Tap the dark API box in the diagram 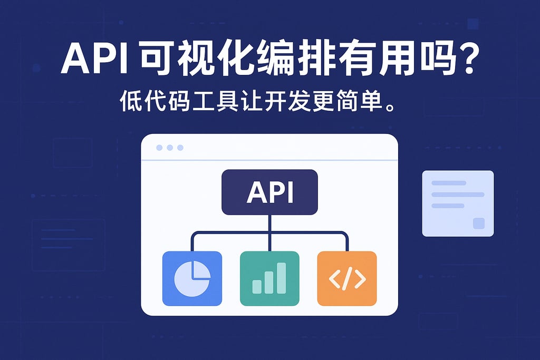[x=269, y=192]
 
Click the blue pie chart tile [x=192, y=278]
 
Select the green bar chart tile [x=269, y=278]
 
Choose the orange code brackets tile [x=347, y=278]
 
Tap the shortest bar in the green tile [x=257, y=286]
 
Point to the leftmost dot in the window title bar [x=160, y=148]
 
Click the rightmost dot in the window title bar [x=180, y=148]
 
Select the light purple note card [x=458, y=203]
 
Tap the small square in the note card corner [x=478, y=223]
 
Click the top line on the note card [x=449, y=183]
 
